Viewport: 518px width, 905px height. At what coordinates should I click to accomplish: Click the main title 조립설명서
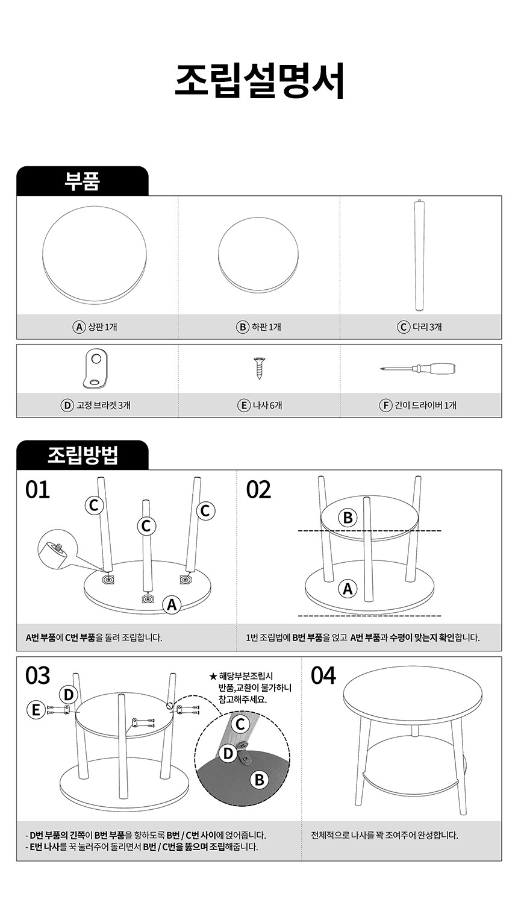[259, 81]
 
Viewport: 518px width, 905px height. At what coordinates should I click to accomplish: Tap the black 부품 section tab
[83, 181]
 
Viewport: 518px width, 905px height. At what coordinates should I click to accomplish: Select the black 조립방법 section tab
[83, 455]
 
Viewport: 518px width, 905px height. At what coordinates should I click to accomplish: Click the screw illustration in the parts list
[259, 368]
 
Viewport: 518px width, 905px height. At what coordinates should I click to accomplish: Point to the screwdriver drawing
[418, 369]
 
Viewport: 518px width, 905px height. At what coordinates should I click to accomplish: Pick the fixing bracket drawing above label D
[96, 369]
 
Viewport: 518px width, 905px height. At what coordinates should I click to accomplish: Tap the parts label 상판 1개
[95, 327]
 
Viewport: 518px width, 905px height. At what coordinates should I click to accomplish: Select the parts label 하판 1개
[259, 327]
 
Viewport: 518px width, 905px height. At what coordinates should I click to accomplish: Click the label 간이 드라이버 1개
[418, 405]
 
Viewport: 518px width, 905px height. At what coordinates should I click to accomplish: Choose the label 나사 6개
[260, 405]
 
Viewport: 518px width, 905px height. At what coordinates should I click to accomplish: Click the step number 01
[37, 490]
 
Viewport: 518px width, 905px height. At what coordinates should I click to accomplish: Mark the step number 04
[323, 675]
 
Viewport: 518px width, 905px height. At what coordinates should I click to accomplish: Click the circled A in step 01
[172, 605]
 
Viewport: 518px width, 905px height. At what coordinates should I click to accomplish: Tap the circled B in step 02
[348, 518]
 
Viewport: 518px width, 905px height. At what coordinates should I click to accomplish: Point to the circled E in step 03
[36, 710]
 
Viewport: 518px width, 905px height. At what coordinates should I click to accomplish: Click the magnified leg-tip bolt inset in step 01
[57, 549]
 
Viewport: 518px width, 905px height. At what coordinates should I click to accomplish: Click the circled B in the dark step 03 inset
[260, 780]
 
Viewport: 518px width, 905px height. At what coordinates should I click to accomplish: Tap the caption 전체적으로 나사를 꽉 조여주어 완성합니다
[384, 835]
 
